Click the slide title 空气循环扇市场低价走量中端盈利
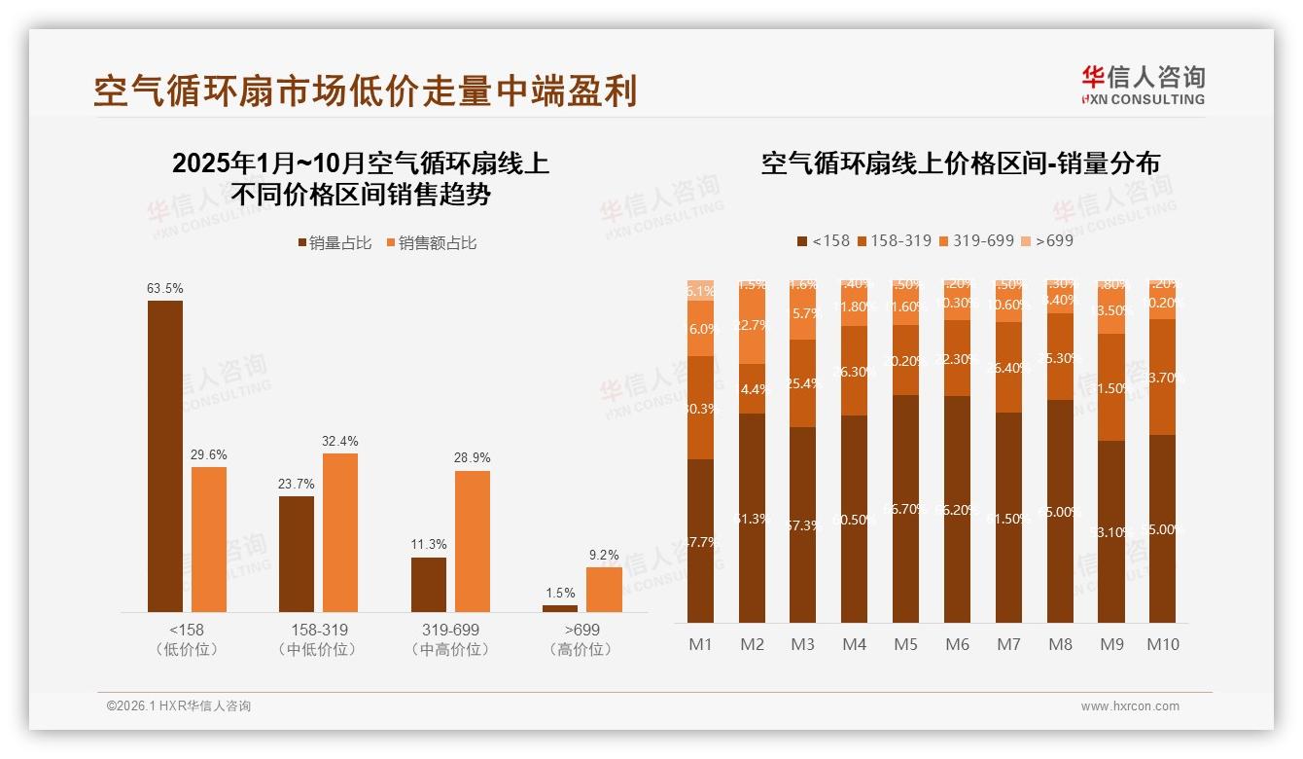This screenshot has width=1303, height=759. click(x=365, y=90)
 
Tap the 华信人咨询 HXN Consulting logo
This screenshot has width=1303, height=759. click(x=1143, y=86)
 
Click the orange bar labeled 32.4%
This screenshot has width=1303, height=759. click(x=340, y=532)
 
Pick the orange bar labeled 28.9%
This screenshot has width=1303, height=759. click(x=473, y=541)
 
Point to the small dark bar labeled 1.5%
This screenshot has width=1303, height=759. click(x=560, y=608)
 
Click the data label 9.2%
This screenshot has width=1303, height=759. click(x=604, y=556)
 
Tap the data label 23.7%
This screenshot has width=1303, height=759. click(x=297, y=485)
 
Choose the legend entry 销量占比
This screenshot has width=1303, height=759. click(x=334, y=243)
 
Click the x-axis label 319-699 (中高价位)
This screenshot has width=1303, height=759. click(x=450, y=639)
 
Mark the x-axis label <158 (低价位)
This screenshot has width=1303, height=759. click(x=187, y=639)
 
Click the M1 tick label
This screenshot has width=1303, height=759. click(x=701, y=644)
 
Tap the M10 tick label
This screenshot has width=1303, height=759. click(x=1162, y=644)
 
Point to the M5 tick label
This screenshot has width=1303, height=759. click(x=905, y=644)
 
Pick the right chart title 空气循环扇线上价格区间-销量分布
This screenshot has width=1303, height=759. click(x=960, y=163)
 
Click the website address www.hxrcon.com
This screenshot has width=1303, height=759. click(x=1130, y=706)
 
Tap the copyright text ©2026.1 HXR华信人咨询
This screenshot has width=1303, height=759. click(x=179, y=706)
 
